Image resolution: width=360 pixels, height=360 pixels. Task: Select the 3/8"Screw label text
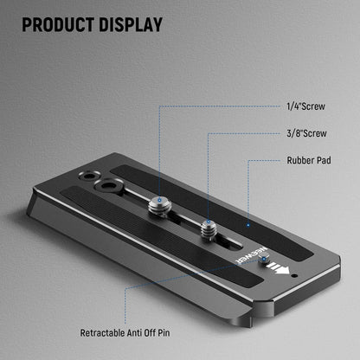(305, 133)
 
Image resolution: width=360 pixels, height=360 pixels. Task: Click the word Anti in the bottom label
(149, 332)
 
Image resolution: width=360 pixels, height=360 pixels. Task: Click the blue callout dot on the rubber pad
(247, 224)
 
